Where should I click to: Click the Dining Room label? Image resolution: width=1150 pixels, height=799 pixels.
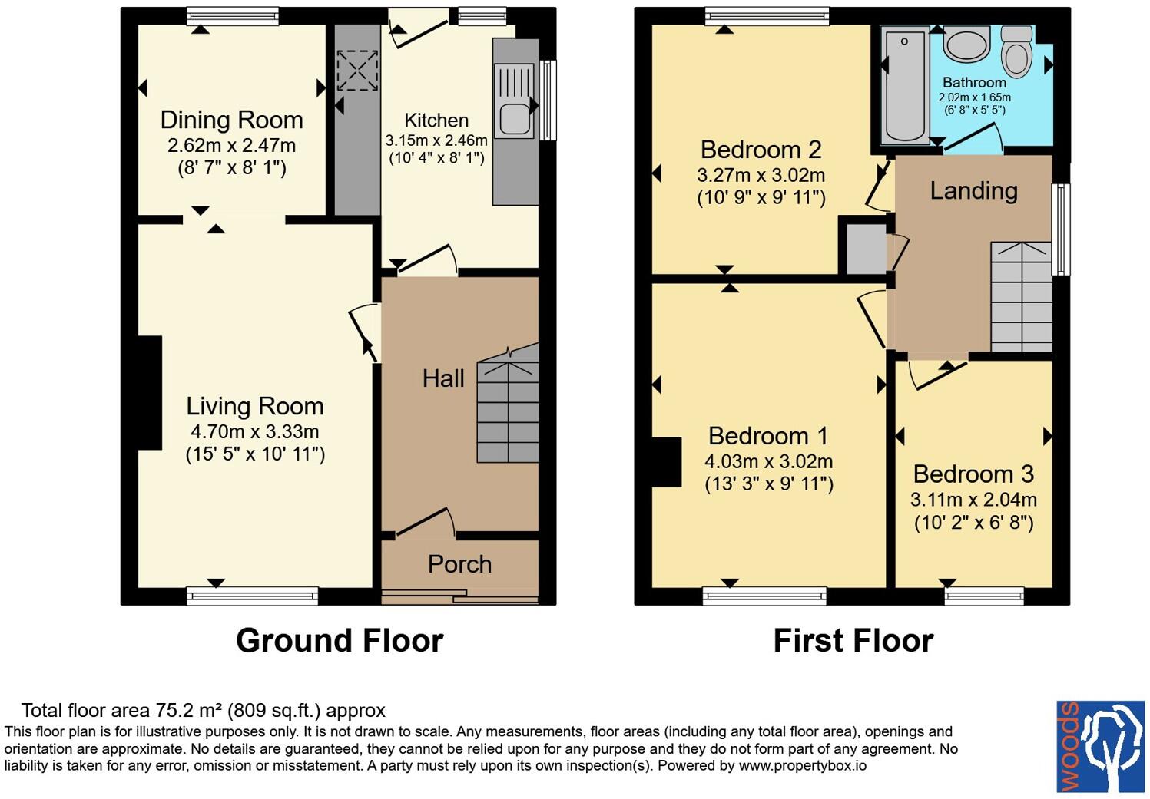tap(231, 120)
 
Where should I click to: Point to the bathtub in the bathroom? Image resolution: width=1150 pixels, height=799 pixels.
tap(905, 86)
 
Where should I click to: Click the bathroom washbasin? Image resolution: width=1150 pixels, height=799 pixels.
tap(966, 45)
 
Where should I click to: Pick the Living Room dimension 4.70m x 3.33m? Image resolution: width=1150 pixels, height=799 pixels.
tap(255, 432)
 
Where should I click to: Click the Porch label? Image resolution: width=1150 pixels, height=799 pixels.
tap(459, 564)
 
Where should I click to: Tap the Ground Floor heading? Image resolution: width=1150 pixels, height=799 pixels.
tap(340, 641)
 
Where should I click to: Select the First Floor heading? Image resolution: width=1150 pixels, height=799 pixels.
tap(853, 641)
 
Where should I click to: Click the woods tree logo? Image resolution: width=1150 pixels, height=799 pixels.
tap(1100, 746)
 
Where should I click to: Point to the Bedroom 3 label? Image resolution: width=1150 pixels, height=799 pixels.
tap(973, 474)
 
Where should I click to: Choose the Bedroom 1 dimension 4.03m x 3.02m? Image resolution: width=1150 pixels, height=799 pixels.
tap(768, 461)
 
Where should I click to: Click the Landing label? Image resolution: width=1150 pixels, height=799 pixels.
tap(974, 191)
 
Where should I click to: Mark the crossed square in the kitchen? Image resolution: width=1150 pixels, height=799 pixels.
tap(357, 71)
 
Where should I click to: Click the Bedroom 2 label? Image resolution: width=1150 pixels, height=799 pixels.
tap(761, 150)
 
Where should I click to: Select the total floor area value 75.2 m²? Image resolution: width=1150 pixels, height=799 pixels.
tap(189, 710)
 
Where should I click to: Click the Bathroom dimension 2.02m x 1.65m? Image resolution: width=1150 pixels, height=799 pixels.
tap(974, 97)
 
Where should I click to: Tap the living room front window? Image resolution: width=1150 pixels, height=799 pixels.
tap(253, 596)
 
